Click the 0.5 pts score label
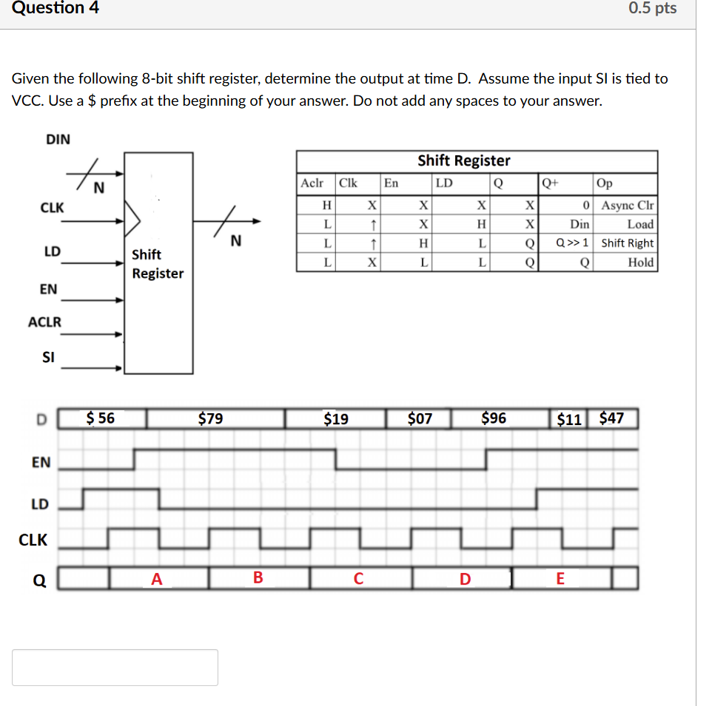[x=652, y=9]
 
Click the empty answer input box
[x=115, y=667]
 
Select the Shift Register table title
[x=463, y=160]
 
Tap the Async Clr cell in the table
[x=628, y=206]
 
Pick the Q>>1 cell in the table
[x=572, y=243]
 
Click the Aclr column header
[x=312, y=183]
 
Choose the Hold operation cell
[x=640, y=262]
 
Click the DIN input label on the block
[x=58, y=139]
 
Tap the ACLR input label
[x=44, y=322]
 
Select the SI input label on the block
[x=49, y=357]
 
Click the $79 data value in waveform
[x=211, y=419]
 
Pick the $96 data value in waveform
[x=494, y=419]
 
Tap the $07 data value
[x=420, y=419]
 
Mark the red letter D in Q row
[x=465, y=579]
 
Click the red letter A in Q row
[x=156, y=579]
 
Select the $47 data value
[x=611, y=419]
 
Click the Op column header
[x=604, y=183]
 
